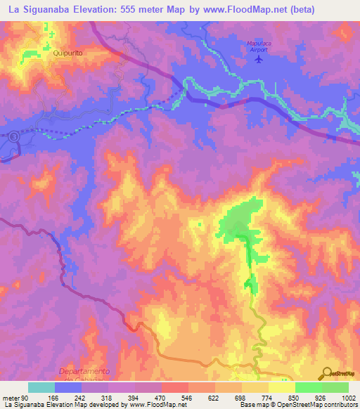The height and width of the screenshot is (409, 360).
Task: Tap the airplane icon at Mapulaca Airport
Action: (259, 58)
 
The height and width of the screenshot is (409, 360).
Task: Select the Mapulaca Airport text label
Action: (259, 46)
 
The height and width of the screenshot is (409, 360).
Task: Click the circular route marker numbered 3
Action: (13, 138)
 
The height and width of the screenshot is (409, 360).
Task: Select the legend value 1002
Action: (348, 397)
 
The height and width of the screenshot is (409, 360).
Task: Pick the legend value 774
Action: (267, 397)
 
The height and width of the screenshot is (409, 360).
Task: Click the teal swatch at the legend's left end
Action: (41, 387)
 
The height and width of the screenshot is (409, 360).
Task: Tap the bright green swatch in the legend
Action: (308, 387)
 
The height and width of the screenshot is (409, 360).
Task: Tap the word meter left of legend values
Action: (10, 397)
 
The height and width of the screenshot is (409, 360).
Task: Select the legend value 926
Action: (321, 397)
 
